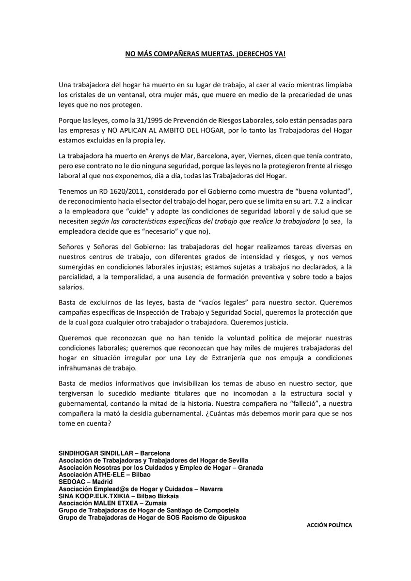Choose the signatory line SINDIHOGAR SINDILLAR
(x=97, y=453)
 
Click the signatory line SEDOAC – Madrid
(x=85, y=482)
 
